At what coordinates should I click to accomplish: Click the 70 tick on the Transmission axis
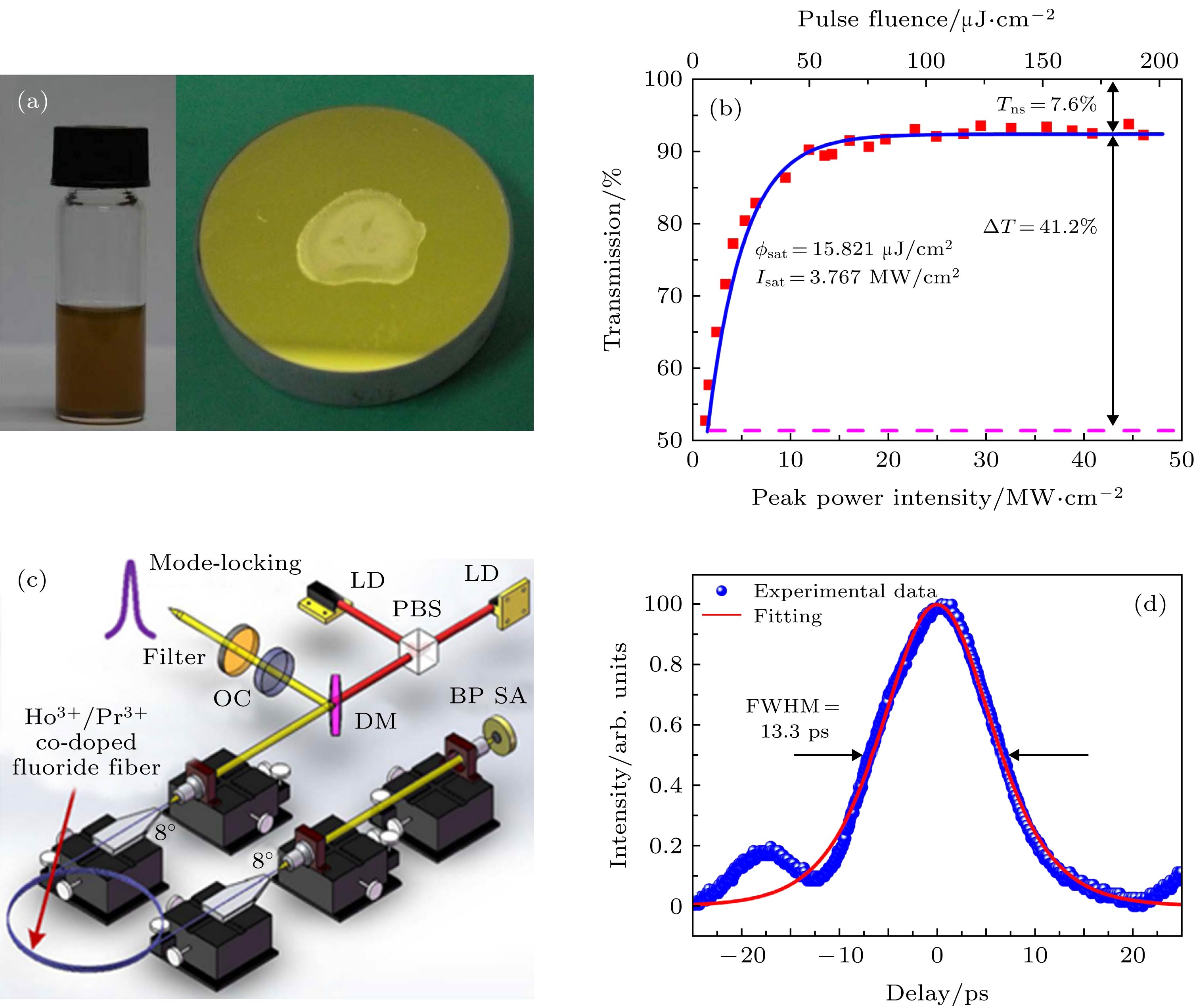(670, 296)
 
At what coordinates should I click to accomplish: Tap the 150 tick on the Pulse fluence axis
(1043, 61)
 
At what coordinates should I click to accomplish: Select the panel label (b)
(725, 108)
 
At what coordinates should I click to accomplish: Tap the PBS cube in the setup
(419, 650)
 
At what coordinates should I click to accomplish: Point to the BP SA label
(487, 696)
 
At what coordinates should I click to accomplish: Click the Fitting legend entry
(787, 616)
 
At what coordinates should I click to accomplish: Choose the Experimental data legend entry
(844, 591)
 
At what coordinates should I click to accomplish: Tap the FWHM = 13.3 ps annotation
(793, 719)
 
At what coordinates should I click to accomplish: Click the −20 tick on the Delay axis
(741, 955)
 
